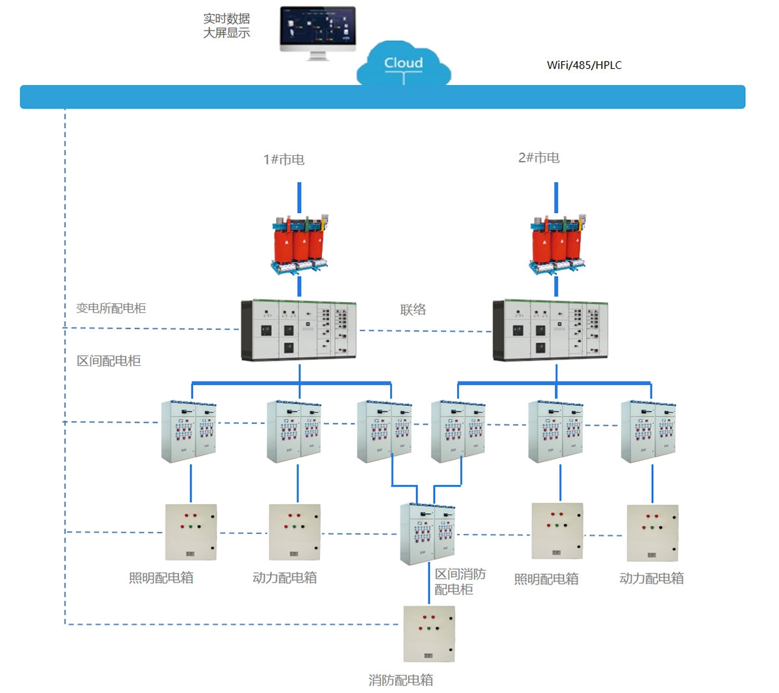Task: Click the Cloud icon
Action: (x=403, y=64)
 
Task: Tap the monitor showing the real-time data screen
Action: (x=317, y=31)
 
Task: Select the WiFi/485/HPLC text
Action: (x=584, y=65)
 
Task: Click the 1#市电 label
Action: (x=284, y=159)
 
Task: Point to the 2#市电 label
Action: (x=539, y=158)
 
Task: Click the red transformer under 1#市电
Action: (x=299, y=244)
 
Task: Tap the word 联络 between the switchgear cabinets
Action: (x=413, y=310)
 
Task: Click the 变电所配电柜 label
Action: (x=111, y=308)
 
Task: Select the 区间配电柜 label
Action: (x=108, y=361)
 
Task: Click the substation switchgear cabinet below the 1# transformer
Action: (x=299, y=329)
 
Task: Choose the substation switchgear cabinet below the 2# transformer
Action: (x=550, y=329)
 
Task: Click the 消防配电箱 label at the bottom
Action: (x=401, y=680)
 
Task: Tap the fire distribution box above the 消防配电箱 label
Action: (x=429, y=634)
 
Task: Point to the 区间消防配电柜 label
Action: (x=460, y=581)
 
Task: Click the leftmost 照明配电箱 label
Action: (x=161, y=577)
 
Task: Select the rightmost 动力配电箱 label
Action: (x=651, y=578)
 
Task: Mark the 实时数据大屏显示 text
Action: (x=227, y=26)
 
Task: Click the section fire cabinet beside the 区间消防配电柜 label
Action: (x=427, y=533)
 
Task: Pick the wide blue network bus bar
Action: (x=382, y=97)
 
